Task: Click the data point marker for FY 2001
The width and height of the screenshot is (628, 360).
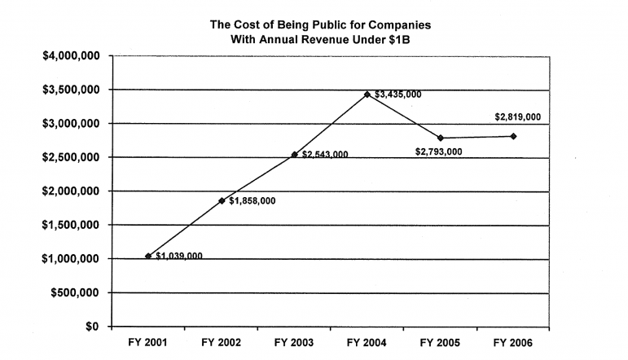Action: pyautogui.click(x=148, y=257)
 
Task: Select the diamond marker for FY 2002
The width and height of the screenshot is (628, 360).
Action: pyautogui.click(x=222, y=200)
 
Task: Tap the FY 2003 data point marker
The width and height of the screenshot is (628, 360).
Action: pyautogui.click(x=295, y=155)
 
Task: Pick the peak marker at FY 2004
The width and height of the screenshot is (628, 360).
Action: pyautogui.click(x=367, y=94)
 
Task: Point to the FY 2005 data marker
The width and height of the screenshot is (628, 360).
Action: pyautogui.click(x=441, y=138)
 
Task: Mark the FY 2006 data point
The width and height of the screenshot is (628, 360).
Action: pyautogui.click(x=513, y=136)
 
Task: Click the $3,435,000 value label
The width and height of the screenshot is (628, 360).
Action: pyautogui.click(x=398, y=94)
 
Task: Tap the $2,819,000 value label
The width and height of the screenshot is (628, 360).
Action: pyautogui.click(x=519, y=117)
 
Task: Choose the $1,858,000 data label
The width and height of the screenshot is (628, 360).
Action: pyautogui.click(x=252, y=201)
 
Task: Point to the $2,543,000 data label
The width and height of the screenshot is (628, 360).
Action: pyautogui.click(x=325, y=155)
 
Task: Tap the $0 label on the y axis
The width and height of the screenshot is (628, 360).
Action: pyautogui.click(x=92, y=327)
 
